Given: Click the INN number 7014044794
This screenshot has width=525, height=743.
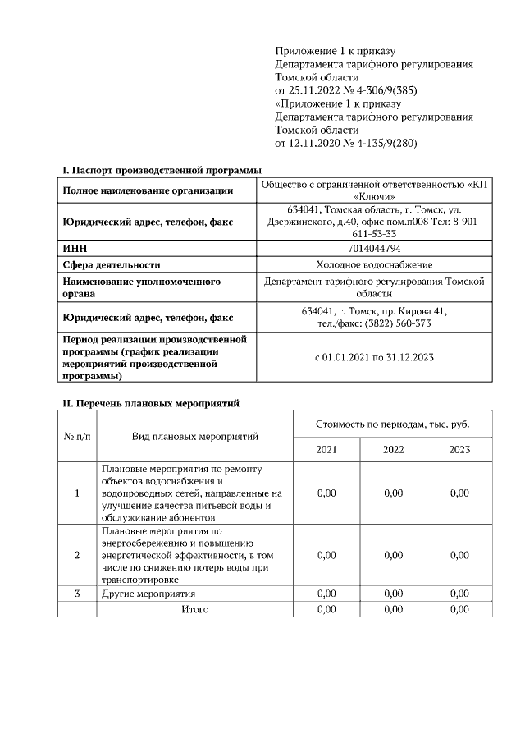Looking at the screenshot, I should [374, 249].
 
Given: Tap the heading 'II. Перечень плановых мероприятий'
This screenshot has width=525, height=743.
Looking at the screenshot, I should [151, 403].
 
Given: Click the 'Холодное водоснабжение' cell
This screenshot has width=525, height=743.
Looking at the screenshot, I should [374, 264].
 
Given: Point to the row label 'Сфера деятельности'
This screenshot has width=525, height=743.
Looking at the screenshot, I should [112, 264].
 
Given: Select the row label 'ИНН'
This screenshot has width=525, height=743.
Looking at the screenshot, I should [75, 249].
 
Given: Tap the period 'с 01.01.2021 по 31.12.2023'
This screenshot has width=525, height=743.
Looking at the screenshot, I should [374, 357].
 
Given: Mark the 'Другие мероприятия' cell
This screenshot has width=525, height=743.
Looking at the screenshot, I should [148, 594].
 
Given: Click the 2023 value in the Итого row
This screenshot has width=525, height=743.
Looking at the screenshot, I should [459, 609].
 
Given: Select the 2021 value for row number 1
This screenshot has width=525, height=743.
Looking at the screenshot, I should [326, 493].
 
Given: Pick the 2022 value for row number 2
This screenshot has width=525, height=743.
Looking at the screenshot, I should [393, 555].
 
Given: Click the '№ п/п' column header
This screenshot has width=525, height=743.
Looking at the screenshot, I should [77, 435].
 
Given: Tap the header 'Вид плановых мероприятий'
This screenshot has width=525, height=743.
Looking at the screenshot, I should [195, 435].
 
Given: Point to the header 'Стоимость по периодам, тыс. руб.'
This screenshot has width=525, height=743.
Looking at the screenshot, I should [392, 424].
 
